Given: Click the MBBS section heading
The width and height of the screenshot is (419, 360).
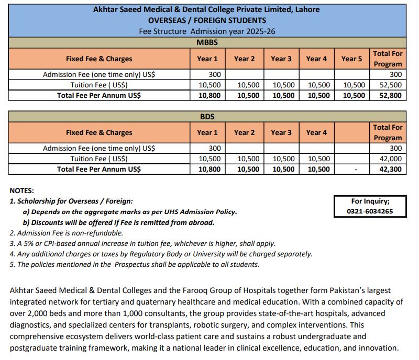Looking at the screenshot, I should coord(207,42).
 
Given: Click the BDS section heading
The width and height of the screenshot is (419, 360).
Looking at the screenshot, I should coord(207,116).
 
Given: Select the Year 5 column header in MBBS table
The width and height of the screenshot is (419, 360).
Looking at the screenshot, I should coord(351,59).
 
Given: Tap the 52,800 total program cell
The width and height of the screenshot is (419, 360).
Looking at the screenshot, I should coord(388,96).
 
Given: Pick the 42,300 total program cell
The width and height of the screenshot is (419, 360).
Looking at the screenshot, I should coord(388,170).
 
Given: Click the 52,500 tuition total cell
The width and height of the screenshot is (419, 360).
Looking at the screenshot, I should coord(388,85).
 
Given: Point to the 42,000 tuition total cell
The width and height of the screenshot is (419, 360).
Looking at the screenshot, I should coord(388,159).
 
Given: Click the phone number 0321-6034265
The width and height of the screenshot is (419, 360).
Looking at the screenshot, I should coord(370,211).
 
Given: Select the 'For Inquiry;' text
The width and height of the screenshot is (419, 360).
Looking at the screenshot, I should coord(370,201).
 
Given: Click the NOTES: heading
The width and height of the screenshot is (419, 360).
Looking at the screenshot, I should coord(22,191).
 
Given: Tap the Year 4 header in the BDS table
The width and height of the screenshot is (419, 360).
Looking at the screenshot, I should coord(316,132).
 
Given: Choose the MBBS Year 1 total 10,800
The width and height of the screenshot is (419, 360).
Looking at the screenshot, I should coord(208,96).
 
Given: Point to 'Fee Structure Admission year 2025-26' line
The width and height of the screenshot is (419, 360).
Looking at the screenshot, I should coord(207,31).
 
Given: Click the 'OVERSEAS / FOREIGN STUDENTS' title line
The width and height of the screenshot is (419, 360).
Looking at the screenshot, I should coord(207,20).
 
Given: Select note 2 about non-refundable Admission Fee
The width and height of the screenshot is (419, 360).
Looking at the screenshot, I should coord(67,233).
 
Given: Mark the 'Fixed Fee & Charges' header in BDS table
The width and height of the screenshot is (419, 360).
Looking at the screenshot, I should coord(99,132).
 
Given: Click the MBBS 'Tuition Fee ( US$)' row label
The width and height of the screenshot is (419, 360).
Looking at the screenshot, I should coord(99,85).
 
